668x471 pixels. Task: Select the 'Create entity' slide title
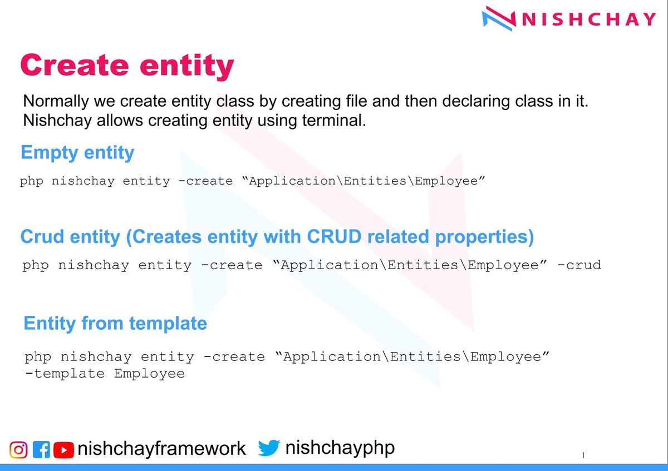(127, 66)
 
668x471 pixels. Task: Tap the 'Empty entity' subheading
(77, 152)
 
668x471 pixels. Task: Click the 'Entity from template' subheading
(115, 323)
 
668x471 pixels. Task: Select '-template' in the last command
(65, 373)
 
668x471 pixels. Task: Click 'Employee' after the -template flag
(149, 374)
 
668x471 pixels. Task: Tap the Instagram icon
(18, 449)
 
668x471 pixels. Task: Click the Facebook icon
(42, 449)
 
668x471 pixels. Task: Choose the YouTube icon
(64, 449)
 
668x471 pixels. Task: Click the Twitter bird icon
(268, 448)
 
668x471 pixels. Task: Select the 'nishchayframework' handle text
(162, 449)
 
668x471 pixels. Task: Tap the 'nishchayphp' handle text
(340, 448)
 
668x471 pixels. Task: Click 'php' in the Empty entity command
(32, 181)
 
